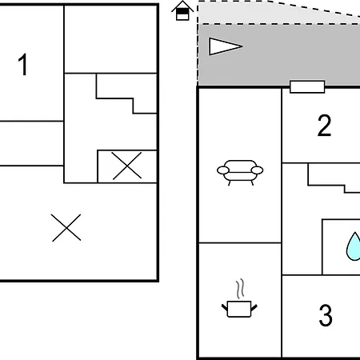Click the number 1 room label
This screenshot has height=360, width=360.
pos(23,65)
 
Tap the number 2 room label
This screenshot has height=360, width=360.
pos(324,126)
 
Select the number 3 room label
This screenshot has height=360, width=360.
pos(326,315)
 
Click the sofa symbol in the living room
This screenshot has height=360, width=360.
pos(240,173)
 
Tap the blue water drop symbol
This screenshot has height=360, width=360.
pos(354,246)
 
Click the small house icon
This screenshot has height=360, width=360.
pos(182,10)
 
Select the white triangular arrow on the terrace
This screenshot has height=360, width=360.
pos(226,46)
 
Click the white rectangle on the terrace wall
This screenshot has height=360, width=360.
pos(307,87)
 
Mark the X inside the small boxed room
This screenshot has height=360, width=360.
pos(126,166)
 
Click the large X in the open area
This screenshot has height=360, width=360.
pos(66,228)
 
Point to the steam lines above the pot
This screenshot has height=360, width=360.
pos(240,289)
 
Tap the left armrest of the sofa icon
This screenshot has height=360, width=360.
pos(223,170)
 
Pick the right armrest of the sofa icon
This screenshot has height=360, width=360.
pos(257,170)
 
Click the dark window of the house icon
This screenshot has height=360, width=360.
pos(182,11)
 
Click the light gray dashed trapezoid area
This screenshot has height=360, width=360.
pos(278,14)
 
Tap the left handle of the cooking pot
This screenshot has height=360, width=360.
pos(225,308)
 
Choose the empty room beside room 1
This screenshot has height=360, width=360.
pos(110,39)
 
